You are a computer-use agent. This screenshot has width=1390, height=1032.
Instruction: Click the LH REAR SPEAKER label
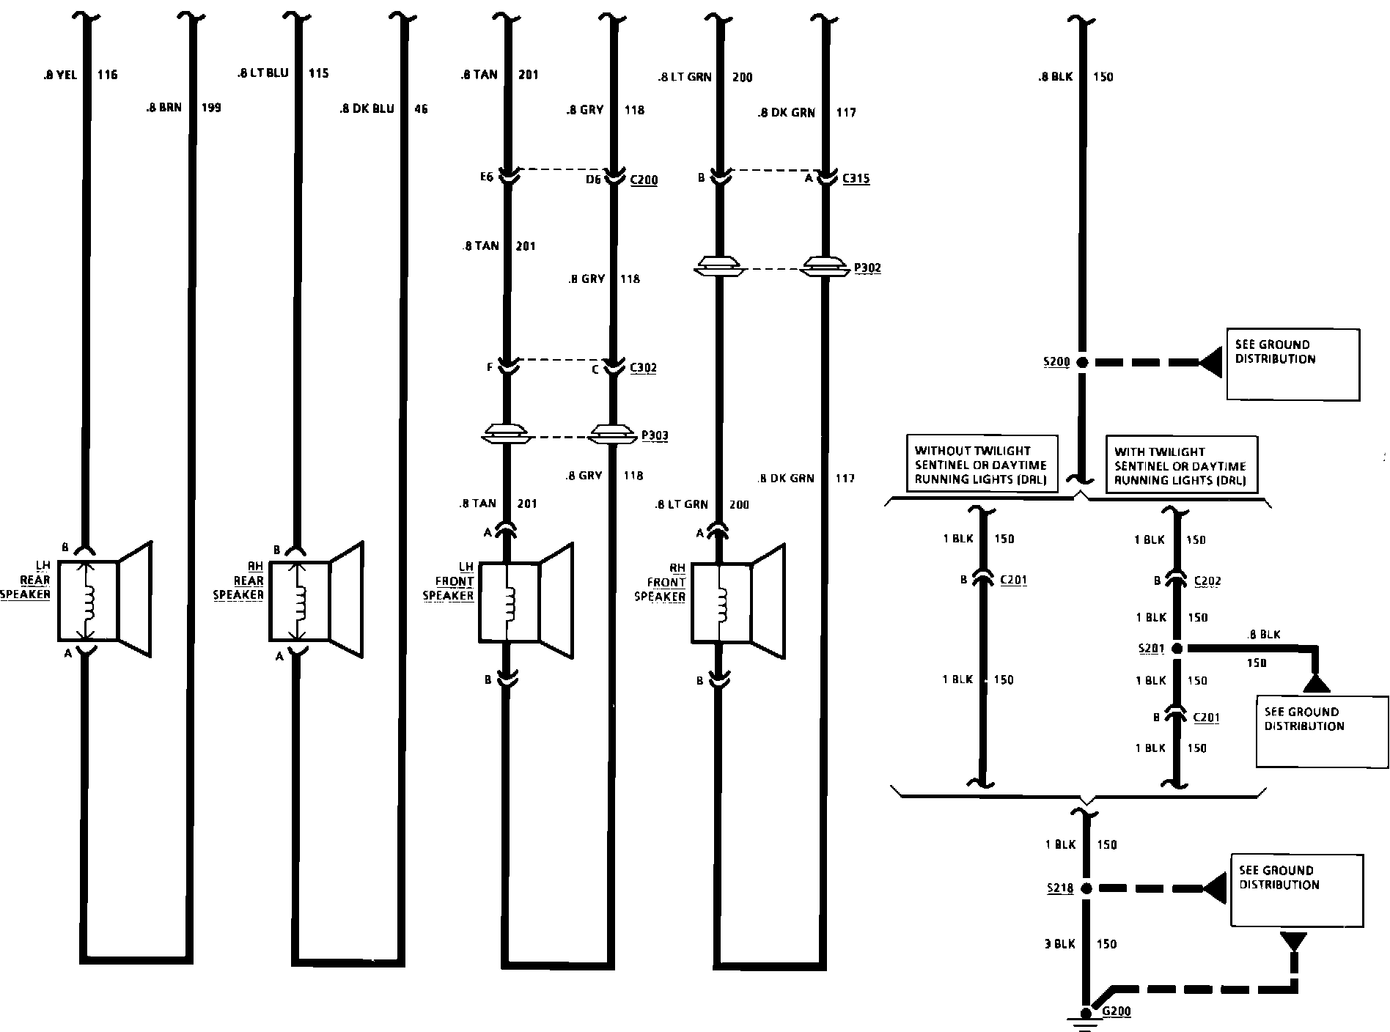pos(26,580)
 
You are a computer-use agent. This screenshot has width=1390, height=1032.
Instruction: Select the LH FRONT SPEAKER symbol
pos(526,601)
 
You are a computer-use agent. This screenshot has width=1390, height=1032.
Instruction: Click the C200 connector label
pos(644,180)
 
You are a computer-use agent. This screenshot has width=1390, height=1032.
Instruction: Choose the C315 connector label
pos(856,178)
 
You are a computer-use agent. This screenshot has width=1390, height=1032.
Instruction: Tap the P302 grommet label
pos(867,268)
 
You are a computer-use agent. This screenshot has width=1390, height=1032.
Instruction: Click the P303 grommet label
pos(655,436)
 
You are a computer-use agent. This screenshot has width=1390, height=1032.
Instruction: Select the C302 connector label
pos(643,367)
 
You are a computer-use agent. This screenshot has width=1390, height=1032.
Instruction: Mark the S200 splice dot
pos(1081,362)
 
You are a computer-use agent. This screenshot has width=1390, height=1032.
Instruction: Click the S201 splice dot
pos(1177,649)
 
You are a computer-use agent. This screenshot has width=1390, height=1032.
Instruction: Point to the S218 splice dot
pos(1086,888)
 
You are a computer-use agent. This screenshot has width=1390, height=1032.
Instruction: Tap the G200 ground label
pos(1117,1011)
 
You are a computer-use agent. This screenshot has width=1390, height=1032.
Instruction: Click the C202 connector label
pos(1207,581)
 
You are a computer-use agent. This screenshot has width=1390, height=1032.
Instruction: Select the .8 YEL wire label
pos(59,75)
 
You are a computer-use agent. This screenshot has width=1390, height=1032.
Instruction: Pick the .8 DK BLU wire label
pos(367,109)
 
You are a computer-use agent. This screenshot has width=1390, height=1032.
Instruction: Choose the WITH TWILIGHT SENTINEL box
pos(1180,465)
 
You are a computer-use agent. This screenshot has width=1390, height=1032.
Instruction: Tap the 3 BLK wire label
pos(1059,944)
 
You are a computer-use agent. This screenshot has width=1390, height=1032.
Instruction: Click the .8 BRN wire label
pos(163,108)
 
